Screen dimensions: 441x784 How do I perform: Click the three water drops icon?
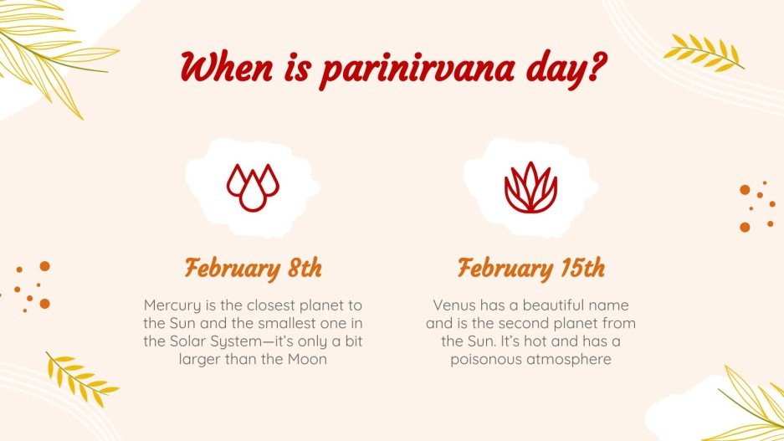click(x=253, y=187)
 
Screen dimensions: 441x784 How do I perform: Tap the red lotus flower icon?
click(x=530, y=187)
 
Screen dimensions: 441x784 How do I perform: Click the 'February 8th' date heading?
click(x=253, y=269)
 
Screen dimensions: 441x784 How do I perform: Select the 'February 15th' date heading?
click(x=530, y=269)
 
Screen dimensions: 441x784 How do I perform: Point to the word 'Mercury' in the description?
click(x=171, y=305)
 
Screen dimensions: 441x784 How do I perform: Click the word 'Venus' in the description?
click(x=453, y=305)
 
